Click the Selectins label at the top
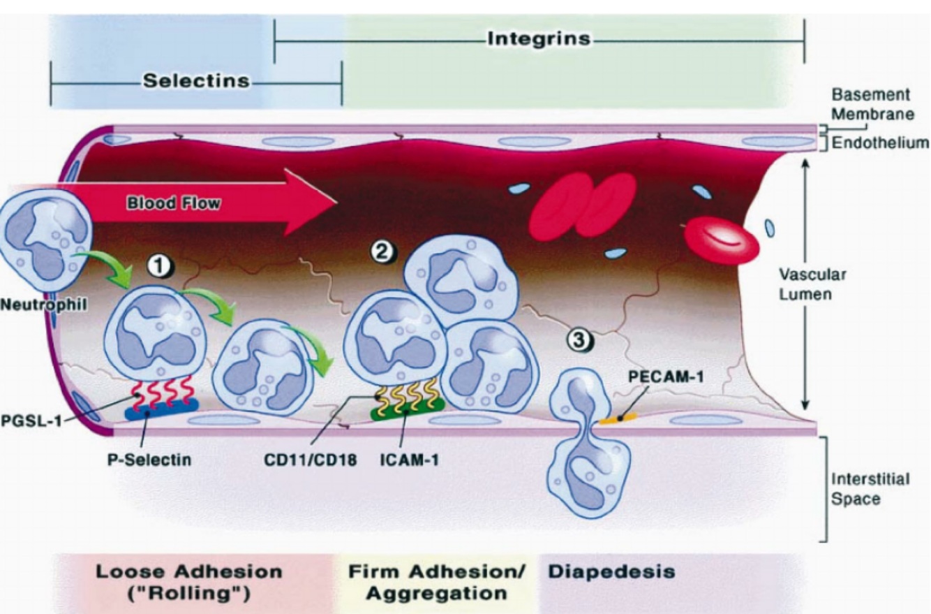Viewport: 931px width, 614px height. coord(196,81)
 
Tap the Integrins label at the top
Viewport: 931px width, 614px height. coord(539,38)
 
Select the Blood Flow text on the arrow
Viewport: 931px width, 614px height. coord(174,204)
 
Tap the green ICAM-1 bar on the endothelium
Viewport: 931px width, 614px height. coord(408,410)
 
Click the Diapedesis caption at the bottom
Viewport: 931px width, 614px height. coord(611,571)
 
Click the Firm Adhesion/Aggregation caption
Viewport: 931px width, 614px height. coord(436,582)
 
